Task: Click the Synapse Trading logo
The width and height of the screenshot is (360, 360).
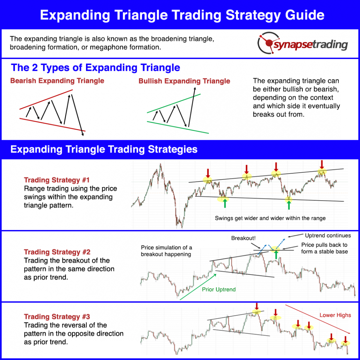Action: [303, 43]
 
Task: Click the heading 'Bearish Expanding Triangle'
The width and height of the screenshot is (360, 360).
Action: [57, 81]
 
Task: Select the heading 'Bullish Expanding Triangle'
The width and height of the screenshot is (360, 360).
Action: [184, 81]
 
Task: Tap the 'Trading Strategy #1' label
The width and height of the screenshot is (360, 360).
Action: [57, 180]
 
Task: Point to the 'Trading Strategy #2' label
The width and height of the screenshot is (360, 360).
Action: [57, 252]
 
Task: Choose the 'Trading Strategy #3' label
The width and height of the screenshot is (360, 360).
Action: [57, 317]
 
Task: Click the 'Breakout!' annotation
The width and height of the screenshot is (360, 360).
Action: [243, 238]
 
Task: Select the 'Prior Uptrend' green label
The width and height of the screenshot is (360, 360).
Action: [219, 289]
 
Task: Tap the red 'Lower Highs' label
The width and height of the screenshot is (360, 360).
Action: [335, 315]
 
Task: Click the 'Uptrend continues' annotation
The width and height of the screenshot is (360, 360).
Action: [328, 236]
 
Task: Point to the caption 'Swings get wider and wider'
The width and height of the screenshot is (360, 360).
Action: [270, 218]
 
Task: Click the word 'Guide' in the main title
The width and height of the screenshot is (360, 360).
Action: [305, 15]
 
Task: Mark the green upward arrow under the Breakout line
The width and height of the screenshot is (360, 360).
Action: [276, 254]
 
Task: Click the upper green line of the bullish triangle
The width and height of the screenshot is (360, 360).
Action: [174, 103]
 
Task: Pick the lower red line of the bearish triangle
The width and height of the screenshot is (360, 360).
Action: [52, 125]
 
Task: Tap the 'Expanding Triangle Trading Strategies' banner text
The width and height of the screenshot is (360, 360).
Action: [104, 149]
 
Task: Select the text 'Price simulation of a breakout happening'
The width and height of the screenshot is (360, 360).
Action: [166, 251]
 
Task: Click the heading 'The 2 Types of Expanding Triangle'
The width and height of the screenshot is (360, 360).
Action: [95, 68]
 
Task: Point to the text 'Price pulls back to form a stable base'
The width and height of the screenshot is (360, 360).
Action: [324, 248]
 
